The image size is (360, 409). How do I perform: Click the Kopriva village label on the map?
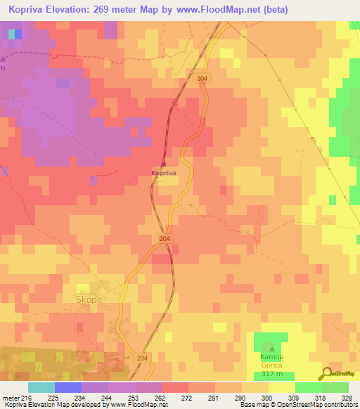(165, 171)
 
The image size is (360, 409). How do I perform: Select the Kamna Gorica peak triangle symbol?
(272, 347)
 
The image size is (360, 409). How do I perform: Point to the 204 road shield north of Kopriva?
(203, 79)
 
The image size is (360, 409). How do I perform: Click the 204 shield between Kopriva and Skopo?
(165, 239)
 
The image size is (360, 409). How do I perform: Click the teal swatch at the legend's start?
(41, 387)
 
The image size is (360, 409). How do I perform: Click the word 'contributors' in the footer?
(340, 405)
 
